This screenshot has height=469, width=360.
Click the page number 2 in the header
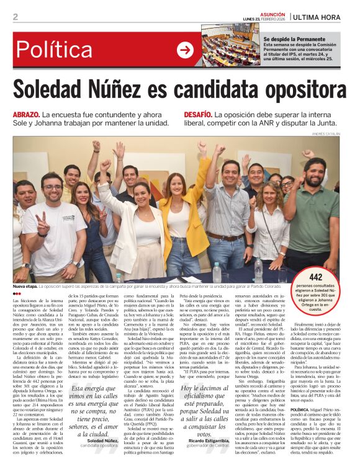click(16, 17)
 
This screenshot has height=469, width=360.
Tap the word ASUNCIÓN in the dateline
click(272, 13)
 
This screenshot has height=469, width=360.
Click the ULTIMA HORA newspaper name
click(317, 17)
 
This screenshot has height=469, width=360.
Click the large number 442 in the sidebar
click(317, 277)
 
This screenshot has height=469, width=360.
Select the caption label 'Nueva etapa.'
click(25, 287)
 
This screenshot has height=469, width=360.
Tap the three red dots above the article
click(17, 293)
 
